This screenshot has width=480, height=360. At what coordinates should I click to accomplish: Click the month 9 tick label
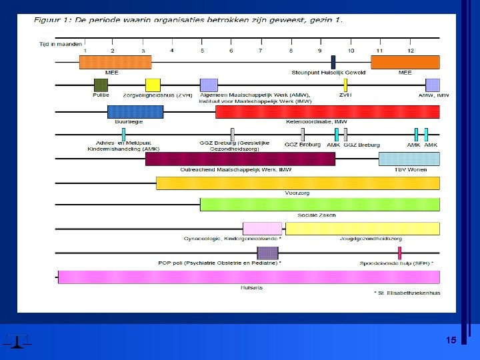(x=320, y=51)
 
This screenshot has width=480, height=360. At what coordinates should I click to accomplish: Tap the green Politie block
(x=101, y=85)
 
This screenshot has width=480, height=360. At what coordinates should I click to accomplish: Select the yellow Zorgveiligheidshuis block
(x=153, y=85)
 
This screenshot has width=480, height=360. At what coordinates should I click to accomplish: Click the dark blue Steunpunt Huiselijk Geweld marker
(x=333, y=62)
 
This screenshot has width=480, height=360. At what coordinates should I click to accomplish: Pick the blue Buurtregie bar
(x=135, y=111)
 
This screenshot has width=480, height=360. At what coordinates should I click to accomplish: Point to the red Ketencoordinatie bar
(x=327, y=111)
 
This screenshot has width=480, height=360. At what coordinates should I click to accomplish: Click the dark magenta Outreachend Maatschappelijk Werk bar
(x=240, y=159)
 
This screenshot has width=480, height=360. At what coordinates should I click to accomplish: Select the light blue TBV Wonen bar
(x=409, y=159)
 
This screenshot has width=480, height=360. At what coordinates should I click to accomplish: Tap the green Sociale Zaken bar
(x=319, y=204)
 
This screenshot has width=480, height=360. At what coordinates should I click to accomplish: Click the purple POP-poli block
(x=267, y=253)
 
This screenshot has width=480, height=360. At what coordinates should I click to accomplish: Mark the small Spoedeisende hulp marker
(x=399, y=253)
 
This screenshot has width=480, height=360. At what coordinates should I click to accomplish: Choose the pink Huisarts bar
(x=248, y=277)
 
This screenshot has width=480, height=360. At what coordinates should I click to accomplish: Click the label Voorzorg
(x=297, y=193)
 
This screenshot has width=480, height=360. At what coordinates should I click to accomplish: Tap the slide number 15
(x=451, y=340)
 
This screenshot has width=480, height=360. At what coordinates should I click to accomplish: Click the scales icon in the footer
(x=16, y=341)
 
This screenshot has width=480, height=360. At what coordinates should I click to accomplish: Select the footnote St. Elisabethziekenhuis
(x=407, y=293)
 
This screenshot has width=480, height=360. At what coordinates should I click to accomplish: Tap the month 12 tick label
(x=411, y=51)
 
